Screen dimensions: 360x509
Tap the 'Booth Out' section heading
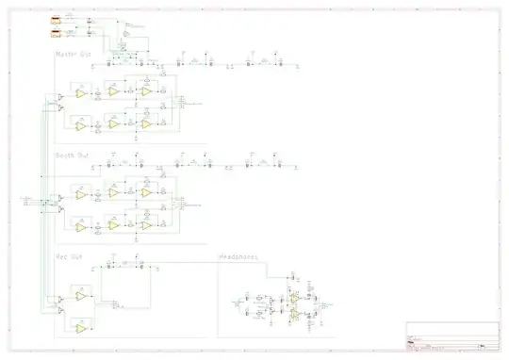pos(73,155)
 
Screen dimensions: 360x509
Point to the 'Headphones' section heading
pos(239,255)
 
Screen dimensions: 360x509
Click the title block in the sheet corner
pos(452,335)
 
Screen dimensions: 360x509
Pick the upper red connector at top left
pos(57,19)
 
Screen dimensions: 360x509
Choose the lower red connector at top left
pos(57,35)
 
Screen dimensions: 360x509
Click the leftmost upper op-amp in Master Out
pos(81,94)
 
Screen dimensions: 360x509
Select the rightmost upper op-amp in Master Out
pos(146,92)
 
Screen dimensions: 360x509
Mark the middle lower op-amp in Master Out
pos(113,123)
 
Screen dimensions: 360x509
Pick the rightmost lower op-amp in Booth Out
pos(146,224)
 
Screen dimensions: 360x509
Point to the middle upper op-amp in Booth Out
pos(113,191)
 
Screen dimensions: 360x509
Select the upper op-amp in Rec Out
pos(81,296)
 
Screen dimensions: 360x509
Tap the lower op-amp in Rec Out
pos(81,327)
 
